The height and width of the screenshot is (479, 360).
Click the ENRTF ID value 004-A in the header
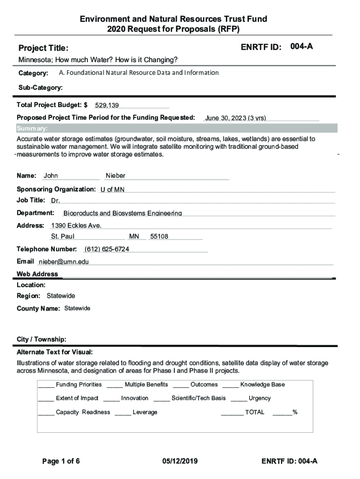[301, 47]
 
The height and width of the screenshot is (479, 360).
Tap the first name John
[51, 176]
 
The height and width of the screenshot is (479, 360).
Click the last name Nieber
[115, 176]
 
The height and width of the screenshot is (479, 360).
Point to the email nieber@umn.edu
[64, 262]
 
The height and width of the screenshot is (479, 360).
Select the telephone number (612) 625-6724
[107, 249]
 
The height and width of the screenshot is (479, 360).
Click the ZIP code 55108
[159, 237]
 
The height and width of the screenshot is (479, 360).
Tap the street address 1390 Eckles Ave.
[76, 225]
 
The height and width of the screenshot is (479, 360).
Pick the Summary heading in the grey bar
[32, 129]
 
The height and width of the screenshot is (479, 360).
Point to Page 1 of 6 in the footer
[61, 461]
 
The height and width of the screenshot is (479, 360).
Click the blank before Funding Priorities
[46, 385]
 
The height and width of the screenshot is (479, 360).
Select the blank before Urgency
[238, 399]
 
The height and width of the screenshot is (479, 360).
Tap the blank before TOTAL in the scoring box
[232, 413]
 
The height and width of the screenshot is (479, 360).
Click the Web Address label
[37, 274]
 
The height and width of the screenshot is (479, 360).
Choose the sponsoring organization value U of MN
[112, 189]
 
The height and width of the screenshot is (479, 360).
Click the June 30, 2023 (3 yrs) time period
[235, 118]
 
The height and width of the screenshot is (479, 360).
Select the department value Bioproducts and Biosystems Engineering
[122, 213]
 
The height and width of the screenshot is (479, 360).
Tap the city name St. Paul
[63, 237]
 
